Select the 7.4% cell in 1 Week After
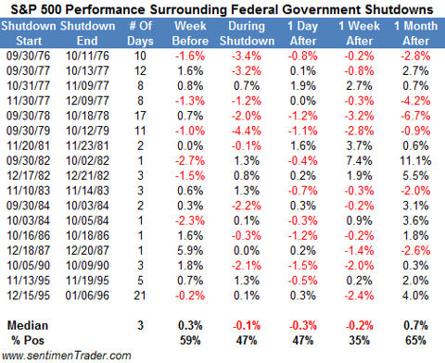pos(359,161)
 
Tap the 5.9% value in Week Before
pos(190,251)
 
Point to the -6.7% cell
pos(415,116)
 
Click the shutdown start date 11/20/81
pos(28,146)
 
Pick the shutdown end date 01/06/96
pos(87,295)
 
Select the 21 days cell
pos(140,295)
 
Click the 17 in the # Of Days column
pos(140,116)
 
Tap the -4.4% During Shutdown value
pos(247,131)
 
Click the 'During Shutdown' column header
pos(247,33)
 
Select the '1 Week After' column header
pos(359,33)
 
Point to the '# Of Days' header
pos(140,33)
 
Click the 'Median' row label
pos(28,326)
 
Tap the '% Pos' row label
pos(28,341)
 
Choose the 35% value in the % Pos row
pos(359,341)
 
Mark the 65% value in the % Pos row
pos(415,341)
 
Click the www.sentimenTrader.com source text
pos(67,356)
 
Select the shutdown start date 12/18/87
pos(28,251)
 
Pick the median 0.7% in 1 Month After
pos(415,326)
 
